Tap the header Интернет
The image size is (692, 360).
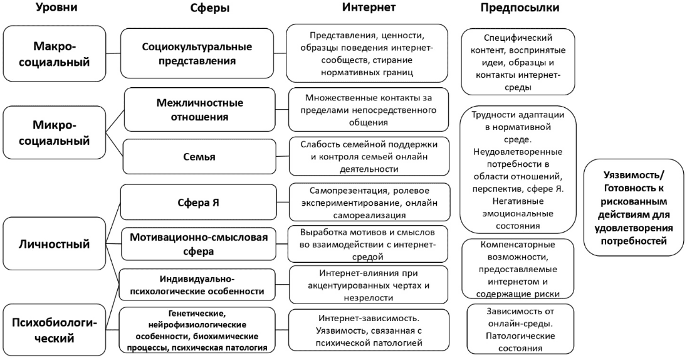coord(369,8)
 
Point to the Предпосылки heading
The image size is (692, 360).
coord(520,8)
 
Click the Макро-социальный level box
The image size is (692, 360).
coord(53,55)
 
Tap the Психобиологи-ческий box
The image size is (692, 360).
coord(53,330)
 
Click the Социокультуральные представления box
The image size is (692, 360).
coord(197,55)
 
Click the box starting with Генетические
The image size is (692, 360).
coord(197,330)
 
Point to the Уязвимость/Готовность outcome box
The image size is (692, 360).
coord(633,207)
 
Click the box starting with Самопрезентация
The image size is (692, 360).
coord(369,203)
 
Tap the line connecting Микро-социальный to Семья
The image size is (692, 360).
coord(114,144)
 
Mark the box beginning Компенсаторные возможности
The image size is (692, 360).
coord(510,268)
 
